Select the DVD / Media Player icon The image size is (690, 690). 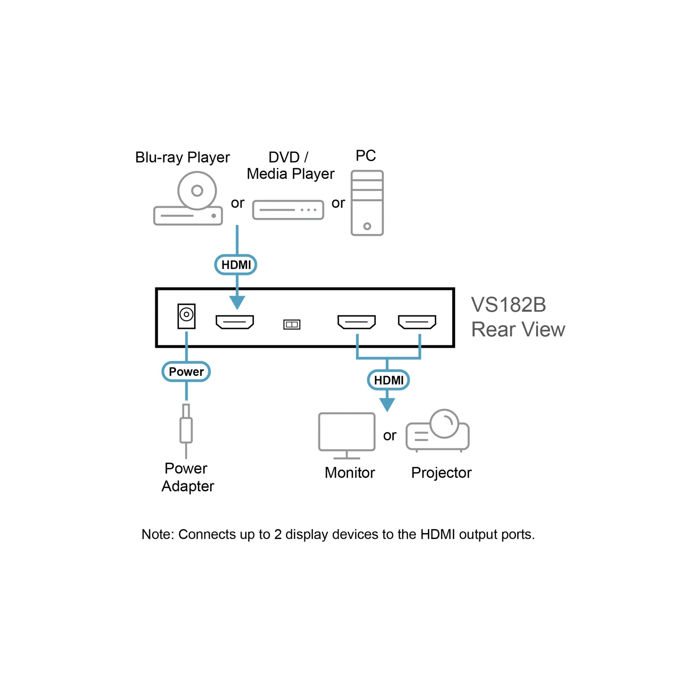pos(288,210)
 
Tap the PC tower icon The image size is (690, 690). pos(367,203)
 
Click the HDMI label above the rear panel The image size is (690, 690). pos(236,265)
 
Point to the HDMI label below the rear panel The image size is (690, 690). pos(389,380)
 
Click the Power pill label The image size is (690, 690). pos(186,372)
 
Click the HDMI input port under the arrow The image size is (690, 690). pos(235,322)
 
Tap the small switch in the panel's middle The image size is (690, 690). pos(292,324)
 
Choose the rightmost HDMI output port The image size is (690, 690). pos(417,322)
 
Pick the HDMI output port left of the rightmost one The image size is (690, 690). pos(357,322)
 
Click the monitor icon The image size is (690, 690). pos(347,436)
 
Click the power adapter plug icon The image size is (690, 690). pos(186,431)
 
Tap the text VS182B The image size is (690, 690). pos(508,305)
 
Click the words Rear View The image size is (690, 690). pos(518,329)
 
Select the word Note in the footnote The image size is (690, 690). pos(157,534)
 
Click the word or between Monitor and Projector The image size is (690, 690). pos(389,436)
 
